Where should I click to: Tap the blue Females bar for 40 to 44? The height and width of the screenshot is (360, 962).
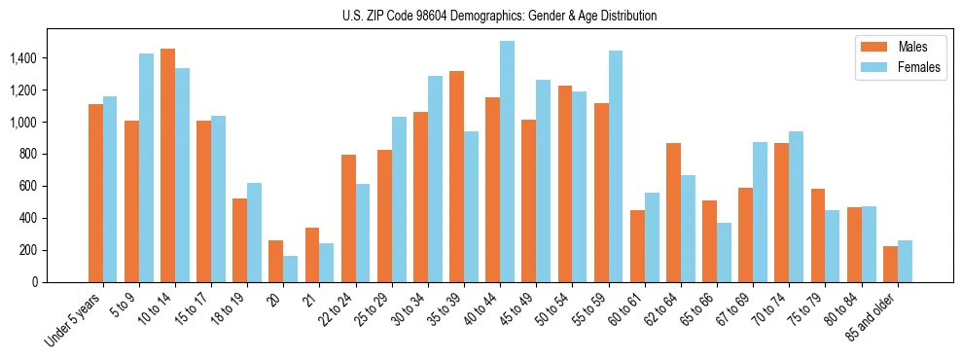[507, 162]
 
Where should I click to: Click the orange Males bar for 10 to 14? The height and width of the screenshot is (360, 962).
[167, 165]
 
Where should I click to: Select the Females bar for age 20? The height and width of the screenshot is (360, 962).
[290, 269]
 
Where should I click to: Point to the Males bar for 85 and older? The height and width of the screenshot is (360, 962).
[890, 264]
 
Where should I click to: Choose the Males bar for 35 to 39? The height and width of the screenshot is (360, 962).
[456, 176]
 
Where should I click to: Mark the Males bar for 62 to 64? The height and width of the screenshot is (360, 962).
[673, 212]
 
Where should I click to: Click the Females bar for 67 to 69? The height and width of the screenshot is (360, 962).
[760, 212]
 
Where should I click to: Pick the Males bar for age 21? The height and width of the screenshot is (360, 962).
[312, 255]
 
